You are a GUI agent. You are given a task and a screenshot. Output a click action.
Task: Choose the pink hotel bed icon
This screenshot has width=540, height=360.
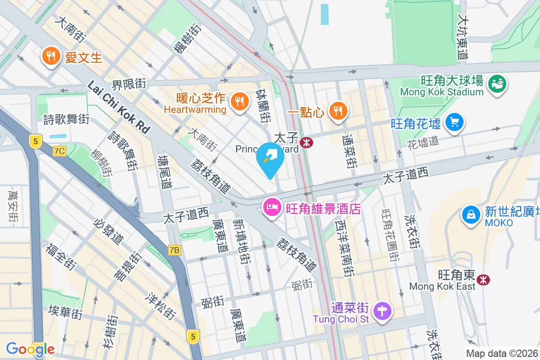pos(271,208)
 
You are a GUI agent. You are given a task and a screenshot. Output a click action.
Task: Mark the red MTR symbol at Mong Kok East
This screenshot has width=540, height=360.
pos(484,279)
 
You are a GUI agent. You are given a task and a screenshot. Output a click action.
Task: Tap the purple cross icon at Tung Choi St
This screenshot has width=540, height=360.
pos(382,311)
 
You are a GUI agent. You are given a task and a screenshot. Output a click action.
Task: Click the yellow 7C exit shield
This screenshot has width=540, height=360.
pos(59,151)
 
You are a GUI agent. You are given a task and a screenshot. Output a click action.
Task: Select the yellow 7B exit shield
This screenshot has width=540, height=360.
pos(175,250)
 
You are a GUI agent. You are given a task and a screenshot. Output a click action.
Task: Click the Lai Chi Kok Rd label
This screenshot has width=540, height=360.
pos(118,107)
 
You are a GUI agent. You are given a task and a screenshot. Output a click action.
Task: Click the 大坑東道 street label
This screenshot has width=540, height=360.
pos(463,38)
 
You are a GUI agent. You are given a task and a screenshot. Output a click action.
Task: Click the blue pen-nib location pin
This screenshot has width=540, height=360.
pos(270,159)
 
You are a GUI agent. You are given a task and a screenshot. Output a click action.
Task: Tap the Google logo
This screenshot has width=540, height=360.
pos(30,349)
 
